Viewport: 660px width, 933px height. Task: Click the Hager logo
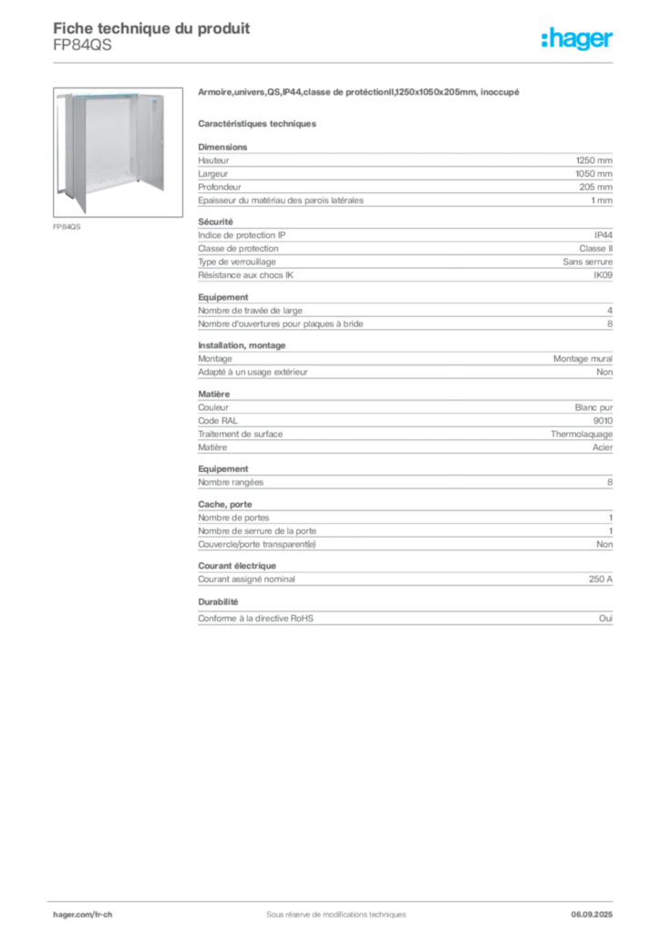577,38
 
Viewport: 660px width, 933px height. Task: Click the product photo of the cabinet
118,152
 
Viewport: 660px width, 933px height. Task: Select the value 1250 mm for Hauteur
594,160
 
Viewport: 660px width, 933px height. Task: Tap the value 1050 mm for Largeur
594,174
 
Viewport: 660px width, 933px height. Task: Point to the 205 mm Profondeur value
595,187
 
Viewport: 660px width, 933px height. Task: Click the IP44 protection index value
603,235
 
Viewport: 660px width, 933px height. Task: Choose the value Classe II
595,249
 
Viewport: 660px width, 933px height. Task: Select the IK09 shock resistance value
603,275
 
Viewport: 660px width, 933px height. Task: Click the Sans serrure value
587,261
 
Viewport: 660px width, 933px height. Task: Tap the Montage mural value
583,359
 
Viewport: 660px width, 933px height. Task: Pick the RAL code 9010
603,421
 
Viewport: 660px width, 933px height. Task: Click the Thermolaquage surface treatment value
582,435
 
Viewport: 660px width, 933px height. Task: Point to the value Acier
603,447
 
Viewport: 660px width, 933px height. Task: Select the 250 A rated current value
601,579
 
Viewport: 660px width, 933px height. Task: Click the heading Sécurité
215,222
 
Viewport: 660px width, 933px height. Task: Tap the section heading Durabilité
218,602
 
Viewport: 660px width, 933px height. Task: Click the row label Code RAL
218,421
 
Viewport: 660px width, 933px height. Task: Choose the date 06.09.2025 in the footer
592,915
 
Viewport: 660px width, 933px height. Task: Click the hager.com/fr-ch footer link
83,915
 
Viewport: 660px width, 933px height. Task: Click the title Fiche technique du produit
151,28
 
